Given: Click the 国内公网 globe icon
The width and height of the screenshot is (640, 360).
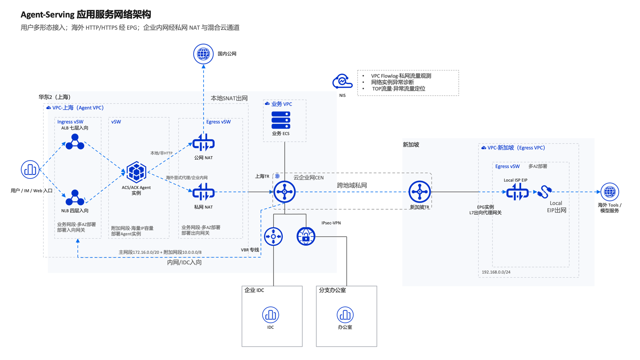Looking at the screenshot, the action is click(203, 54).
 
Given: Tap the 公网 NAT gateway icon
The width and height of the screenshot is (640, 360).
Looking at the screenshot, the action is click(204, 143).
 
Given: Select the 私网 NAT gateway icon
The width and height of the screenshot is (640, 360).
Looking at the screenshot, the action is click(204, 192).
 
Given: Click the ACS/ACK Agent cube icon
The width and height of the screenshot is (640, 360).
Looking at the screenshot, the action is click(136, 172).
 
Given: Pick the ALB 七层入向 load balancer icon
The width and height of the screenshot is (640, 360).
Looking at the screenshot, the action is click(75, 142).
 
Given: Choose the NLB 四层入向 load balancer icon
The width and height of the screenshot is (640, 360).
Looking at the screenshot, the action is click(75, 198).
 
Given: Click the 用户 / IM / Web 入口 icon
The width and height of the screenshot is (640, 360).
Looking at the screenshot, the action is click(30, 170).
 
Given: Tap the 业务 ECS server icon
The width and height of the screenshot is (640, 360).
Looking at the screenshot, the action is click(281, 120).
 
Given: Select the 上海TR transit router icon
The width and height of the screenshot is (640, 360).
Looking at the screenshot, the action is click(284, 192).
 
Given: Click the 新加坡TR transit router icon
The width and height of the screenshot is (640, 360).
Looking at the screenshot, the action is click(420, 192).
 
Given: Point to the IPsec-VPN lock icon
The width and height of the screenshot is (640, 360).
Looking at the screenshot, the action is click(306, 236).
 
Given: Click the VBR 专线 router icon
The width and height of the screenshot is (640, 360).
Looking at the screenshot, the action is click(274, 236).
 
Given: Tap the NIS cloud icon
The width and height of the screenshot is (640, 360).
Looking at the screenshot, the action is click(342, 82).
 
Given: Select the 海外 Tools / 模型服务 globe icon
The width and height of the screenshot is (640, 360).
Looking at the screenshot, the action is click(610, 192).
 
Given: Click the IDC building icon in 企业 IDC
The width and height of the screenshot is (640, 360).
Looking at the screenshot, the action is click(270, 315).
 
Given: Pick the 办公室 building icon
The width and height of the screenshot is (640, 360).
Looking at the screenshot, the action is click(345, 315).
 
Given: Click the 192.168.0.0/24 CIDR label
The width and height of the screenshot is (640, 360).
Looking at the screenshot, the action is click(496, 272).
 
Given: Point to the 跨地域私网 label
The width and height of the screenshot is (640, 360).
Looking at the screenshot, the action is click(352, 186).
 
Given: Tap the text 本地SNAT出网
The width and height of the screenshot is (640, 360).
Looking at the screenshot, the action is click(229, 98).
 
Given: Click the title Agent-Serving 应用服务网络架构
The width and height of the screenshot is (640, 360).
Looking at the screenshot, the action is click(86, 14).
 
